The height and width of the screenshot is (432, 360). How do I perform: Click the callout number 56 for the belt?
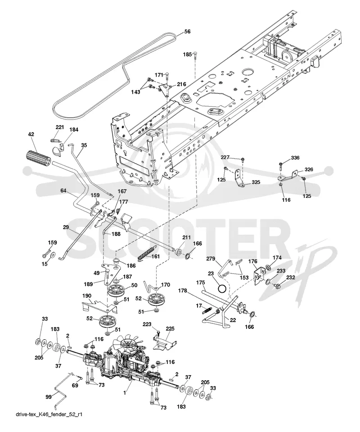click(x=187, y=32)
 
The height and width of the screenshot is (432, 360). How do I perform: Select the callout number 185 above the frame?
click(x=188, y=55)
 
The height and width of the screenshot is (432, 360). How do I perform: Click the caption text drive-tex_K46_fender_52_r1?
click(x=49, y=422)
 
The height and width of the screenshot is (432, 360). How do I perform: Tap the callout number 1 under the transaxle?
click(x=125, y=393)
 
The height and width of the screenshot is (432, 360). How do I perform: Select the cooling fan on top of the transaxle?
click(x=128, y=345)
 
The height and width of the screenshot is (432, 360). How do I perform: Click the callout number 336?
click(x=295, y=158)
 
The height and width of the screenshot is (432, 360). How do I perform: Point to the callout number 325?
click(x=256, y=182)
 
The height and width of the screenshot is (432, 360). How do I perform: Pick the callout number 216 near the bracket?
click(x=182, y=84)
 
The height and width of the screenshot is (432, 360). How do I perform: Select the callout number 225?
click(x=170, y=328)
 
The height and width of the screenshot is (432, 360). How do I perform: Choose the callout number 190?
click(x=87, y=296)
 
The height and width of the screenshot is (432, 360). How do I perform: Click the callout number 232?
click(x=290, y=277)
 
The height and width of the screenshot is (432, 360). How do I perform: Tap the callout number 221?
click(x=60, y=127)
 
